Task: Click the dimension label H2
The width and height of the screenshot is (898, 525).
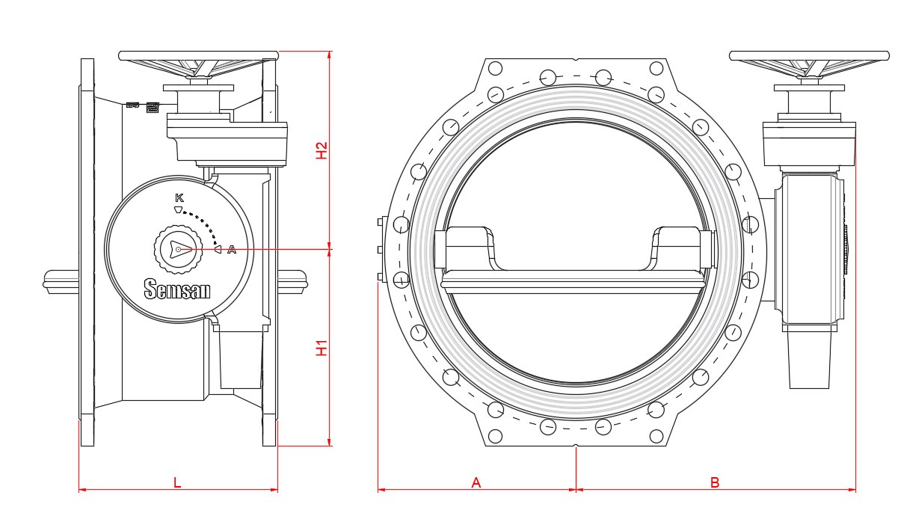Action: (322, 150)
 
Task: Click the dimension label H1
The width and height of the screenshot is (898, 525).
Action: (322, 348)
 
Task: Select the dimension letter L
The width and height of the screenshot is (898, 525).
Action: (177, 482)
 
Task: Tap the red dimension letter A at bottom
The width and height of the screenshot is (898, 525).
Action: (476, 482)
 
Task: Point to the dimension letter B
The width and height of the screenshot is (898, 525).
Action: (715, 482)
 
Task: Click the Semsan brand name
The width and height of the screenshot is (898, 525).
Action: (177, 289)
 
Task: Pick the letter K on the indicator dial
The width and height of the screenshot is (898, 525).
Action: (179, 197)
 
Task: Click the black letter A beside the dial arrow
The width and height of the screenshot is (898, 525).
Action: (232, 250)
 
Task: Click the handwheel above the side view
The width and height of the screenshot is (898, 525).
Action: (198, 56)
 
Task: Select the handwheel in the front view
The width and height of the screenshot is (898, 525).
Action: (808, 56)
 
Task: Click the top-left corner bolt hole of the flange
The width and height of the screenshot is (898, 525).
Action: (494, 68)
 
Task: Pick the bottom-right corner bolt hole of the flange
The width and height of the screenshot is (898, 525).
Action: (656, 436)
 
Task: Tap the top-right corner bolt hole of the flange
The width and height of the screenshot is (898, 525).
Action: (656, 68)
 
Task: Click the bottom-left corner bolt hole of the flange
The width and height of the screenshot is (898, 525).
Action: (494, 436)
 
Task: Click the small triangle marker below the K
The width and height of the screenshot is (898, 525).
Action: (178, 209)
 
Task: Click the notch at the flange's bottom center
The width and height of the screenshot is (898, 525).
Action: (576, 448)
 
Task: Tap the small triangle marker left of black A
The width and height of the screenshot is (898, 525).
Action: (218, 250)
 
